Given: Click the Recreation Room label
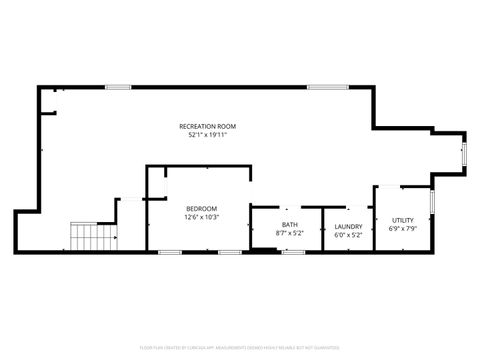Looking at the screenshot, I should click(x=208, y=126).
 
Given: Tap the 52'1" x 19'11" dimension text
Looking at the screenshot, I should click(x=208, y=135).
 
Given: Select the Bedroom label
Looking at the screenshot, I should click(x=201, y=208).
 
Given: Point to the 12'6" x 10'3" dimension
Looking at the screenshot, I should click(x=201, y=217).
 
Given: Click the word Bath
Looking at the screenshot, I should click(x=289, y=225).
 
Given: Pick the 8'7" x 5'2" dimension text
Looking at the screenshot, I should click(x=289, y=234).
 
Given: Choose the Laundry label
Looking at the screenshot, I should click(x=348, y=226).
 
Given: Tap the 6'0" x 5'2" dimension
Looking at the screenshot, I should click(x=348, y=234).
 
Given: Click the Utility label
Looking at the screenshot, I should click(x=402, y=220).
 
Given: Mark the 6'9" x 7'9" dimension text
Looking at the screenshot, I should click(x=402, y=229).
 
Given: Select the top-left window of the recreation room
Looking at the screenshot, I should click(x=118, y=87).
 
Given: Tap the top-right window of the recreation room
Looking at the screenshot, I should click(x=321, y=87).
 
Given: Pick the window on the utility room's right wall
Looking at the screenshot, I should click(x=430, y=199).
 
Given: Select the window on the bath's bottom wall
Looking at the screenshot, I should click(x=292, y=251).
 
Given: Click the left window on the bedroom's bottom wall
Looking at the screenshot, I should click(x=169, y=251).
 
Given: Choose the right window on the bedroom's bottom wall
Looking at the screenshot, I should click(x=231, y=251).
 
